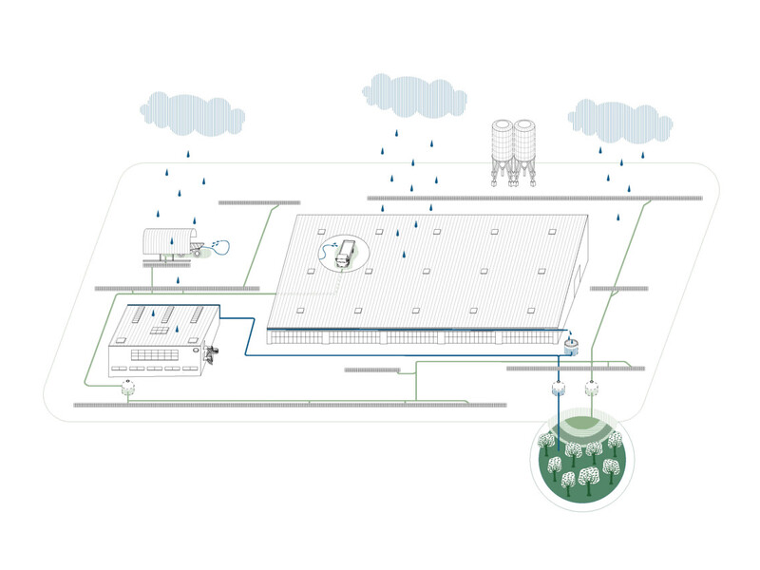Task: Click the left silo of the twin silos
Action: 502,147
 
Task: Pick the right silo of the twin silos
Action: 526,147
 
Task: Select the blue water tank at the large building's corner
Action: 571,346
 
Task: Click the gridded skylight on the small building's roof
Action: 160,331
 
